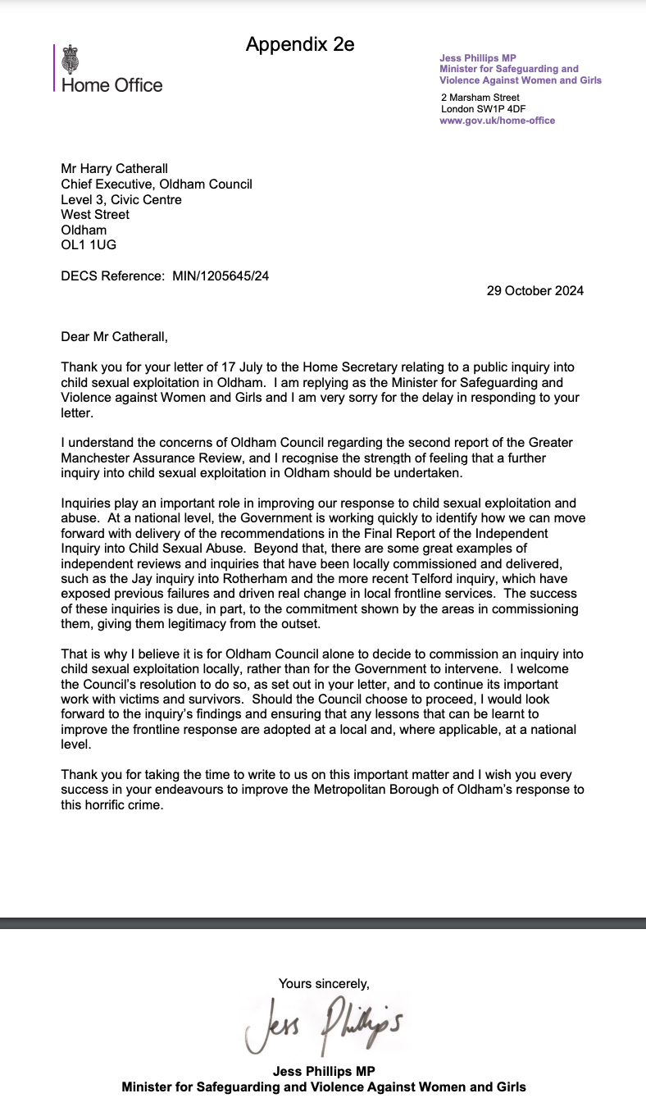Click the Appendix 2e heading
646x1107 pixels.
click(300, 44)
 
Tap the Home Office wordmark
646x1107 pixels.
click(112, 85)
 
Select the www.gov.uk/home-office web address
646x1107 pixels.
click(497, 121)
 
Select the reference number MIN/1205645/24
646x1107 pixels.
click(221, 276)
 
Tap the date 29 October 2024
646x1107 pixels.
click(535, 290)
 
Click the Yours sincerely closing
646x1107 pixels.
click(324, 983)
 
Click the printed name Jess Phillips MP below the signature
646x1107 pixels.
click(324, 1072)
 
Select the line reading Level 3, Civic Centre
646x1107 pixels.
click(121, 199)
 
